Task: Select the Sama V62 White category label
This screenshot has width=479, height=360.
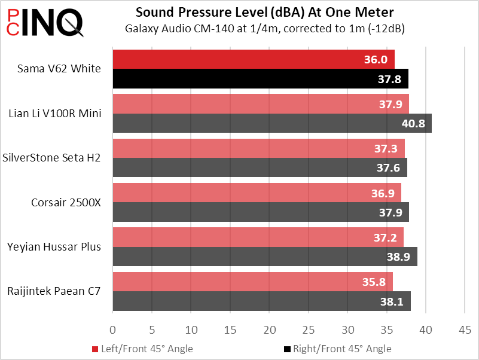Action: (60, 69)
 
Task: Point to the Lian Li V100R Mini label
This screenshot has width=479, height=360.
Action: (55, 113)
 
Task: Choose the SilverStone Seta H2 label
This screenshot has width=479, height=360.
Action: (51, 158)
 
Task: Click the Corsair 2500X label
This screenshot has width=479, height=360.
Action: (66, 202)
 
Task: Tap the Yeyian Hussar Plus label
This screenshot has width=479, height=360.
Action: (54, 246)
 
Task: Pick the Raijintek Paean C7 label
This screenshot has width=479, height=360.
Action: (54, 291)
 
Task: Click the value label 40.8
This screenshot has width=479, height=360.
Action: (413, 124)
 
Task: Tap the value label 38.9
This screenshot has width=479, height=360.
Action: (399, 257)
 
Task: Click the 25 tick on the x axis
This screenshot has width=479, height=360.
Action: (309, 330)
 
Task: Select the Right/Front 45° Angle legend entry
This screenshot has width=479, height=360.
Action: (337, 349)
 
